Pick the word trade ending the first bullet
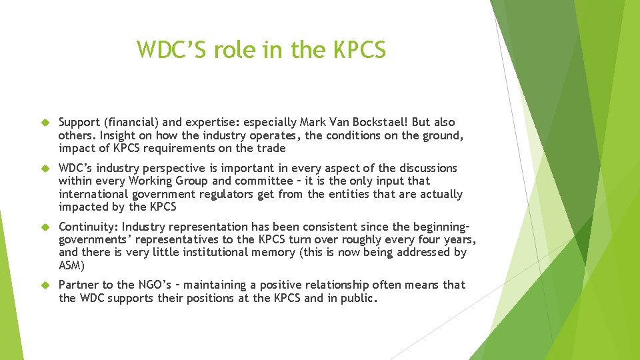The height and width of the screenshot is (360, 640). (271, 148)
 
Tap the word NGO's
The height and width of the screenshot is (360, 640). (135, 285)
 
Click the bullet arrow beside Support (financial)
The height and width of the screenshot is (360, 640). (46, 123)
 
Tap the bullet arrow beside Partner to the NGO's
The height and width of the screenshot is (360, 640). (46, 285)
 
